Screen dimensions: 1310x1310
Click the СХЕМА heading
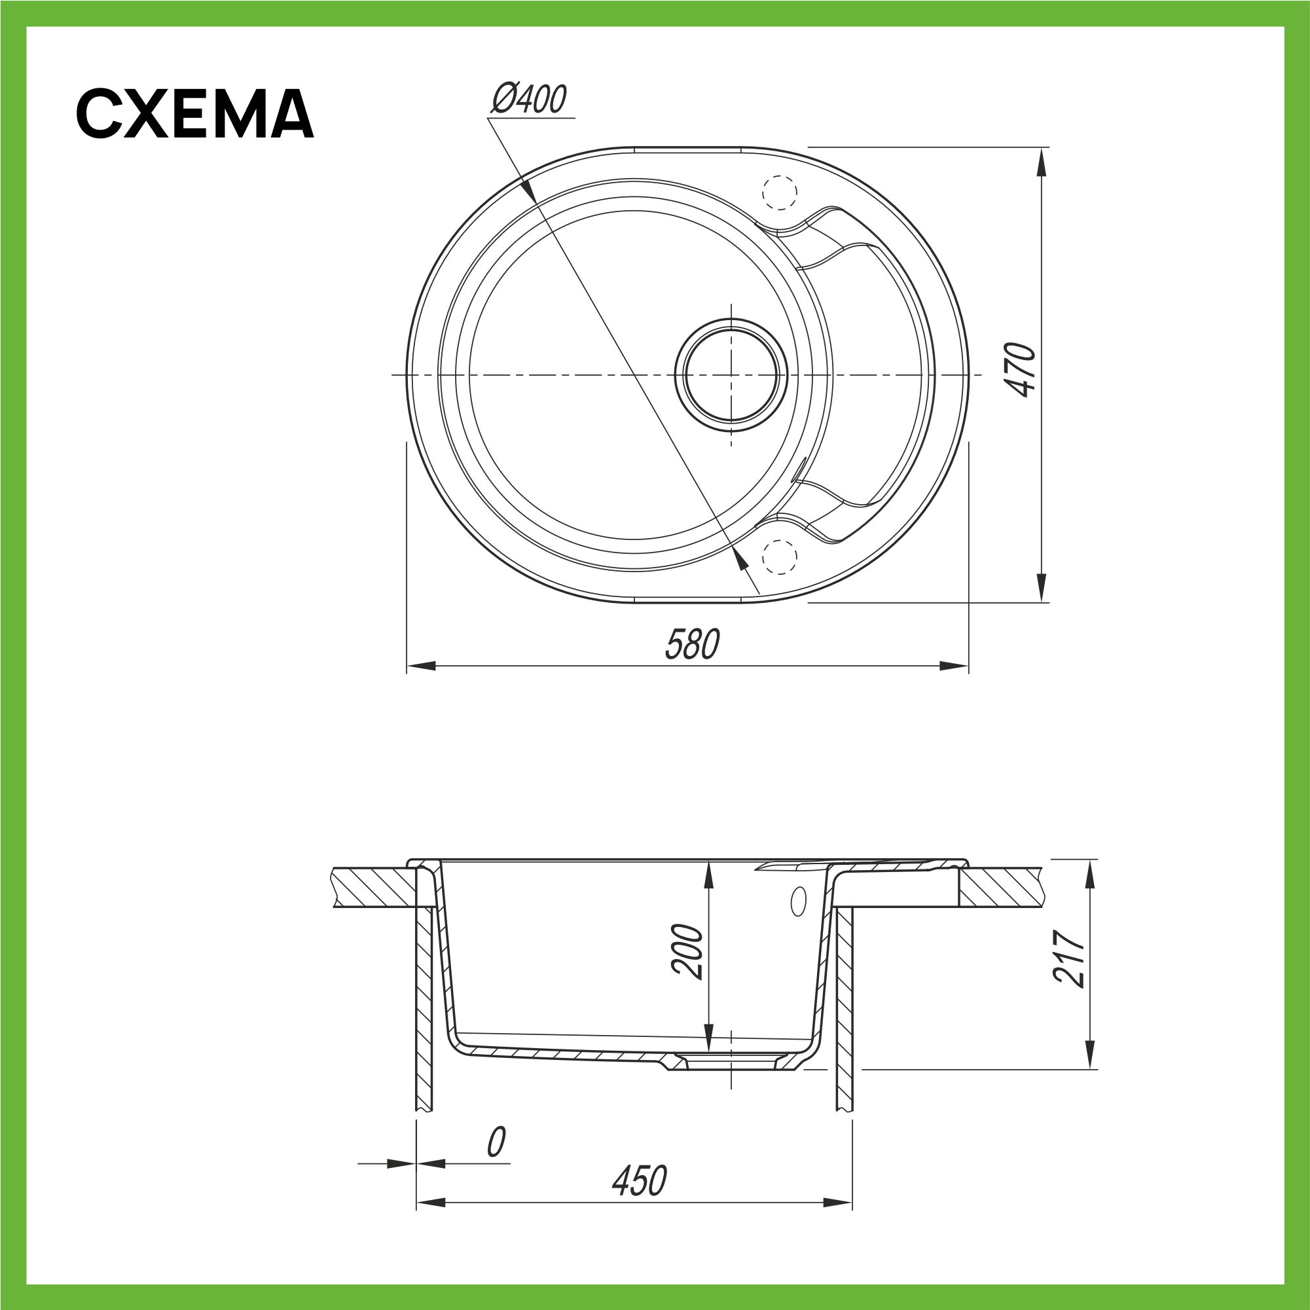coord(194,113)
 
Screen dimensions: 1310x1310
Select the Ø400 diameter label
coord(529,99)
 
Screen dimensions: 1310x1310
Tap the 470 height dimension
coord(1021,369)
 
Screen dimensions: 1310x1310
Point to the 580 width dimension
coord(692,644)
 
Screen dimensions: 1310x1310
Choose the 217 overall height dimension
coord(1068,957)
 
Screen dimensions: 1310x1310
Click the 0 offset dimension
coord(496,1142)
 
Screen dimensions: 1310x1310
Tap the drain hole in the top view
coord(731,375)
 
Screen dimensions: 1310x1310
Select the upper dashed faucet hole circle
coord(779,192)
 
